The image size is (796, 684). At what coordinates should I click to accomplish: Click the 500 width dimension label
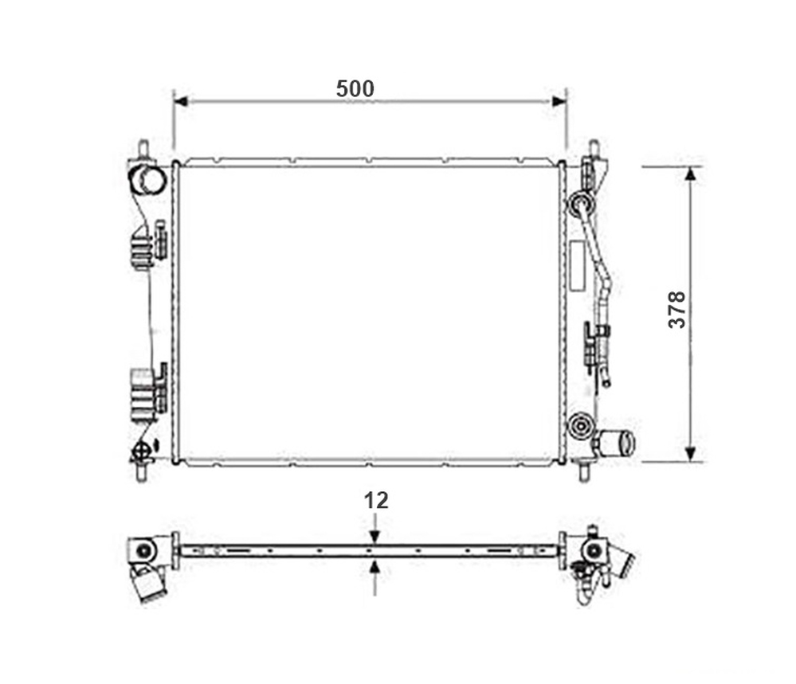tap(355, 89)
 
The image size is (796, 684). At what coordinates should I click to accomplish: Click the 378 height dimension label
tap(677, 310)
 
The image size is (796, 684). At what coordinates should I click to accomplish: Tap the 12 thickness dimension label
tap(376, 501)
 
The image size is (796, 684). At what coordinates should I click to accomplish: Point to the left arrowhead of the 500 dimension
tap(181, 101)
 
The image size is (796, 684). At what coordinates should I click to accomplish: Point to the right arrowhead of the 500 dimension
tap(559, 101)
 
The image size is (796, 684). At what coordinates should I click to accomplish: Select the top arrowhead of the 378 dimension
tap(690, 175)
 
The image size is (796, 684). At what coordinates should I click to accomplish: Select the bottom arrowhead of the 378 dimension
tap(690, 454)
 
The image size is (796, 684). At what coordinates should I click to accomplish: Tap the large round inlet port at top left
tap(147, 180)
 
